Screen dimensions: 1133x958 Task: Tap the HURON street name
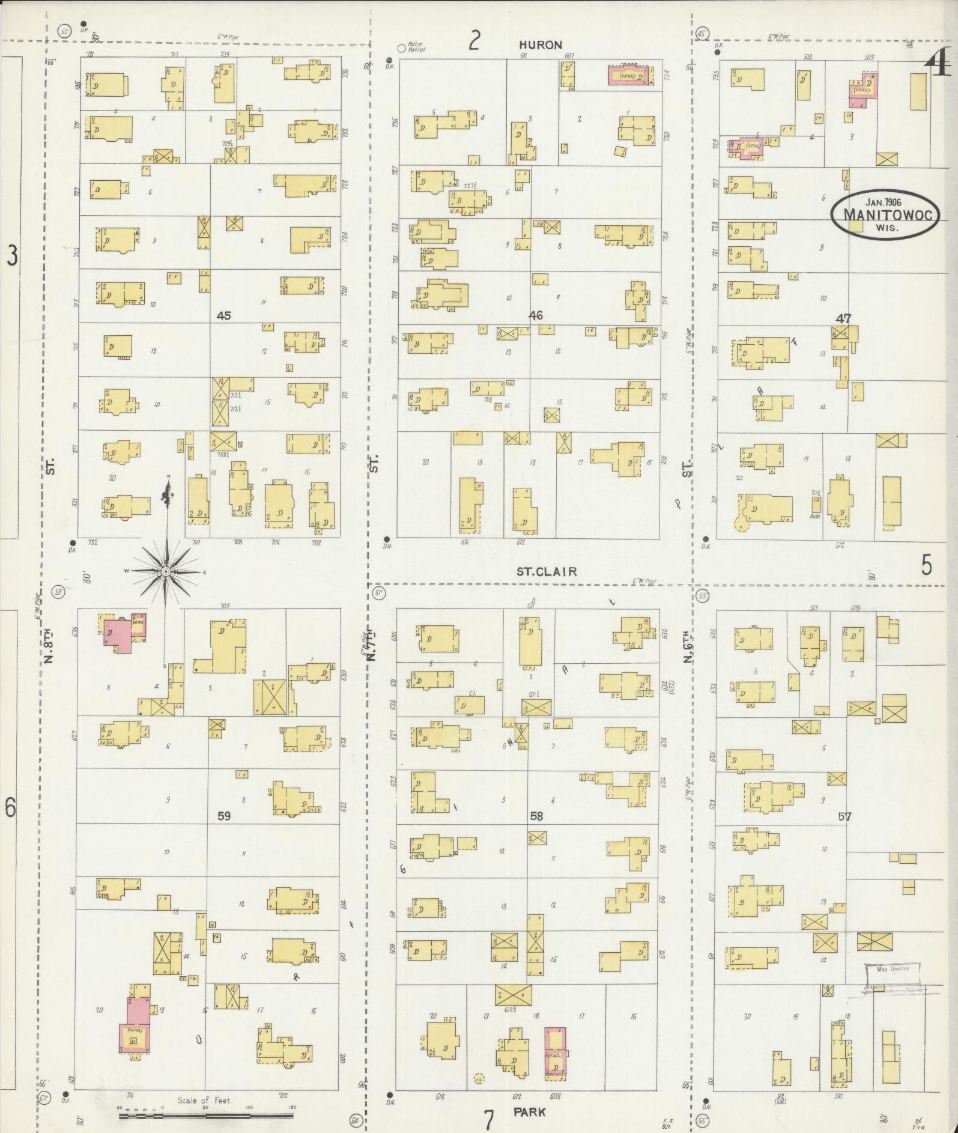point(541,45)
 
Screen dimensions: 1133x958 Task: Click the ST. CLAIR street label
point(547,571)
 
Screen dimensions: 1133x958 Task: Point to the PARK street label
point(529,1112)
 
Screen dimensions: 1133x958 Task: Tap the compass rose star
point(165,571)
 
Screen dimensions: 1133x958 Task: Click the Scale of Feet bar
point(206,1116)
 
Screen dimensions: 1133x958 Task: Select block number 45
point(224,315)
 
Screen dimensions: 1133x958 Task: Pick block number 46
point(536,315)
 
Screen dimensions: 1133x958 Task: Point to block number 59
point(224,816)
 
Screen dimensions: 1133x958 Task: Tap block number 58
point(536,816)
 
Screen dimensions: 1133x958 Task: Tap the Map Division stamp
point(893,968)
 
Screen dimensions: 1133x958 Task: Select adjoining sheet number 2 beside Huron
point(474,41)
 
